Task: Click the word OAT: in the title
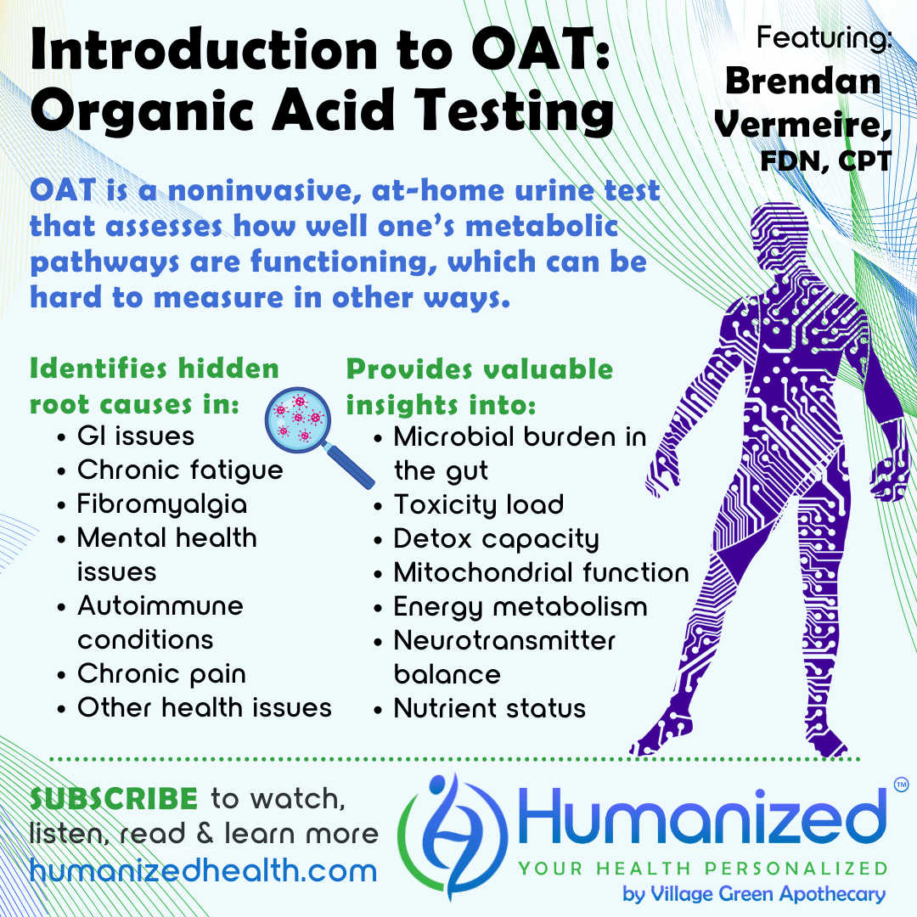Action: [x=541, y=50]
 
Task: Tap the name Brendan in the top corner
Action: [x=803, y=81]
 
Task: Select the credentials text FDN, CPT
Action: [x=826, y=161]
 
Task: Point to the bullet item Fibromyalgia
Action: [x=162, y=504]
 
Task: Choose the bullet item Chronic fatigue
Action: [x=180, y=470]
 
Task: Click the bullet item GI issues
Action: [x=136, y=436]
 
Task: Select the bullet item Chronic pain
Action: [x=161, y=674]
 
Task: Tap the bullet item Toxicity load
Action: [x=478, y=504]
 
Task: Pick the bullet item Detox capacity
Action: [x=497, y=539]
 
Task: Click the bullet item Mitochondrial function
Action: [x=542, y=572]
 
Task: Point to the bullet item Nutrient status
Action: [x=490, y=708]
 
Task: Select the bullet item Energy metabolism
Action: [x=520, y=607]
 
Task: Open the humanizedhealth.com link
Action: [x=204, y=871]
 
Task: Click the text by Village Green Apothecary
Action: [x=754, y=894]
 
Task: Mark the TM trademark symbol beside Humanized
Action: [x=901, y=785]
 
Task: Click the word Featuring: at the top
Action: [x=824, y=37]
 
